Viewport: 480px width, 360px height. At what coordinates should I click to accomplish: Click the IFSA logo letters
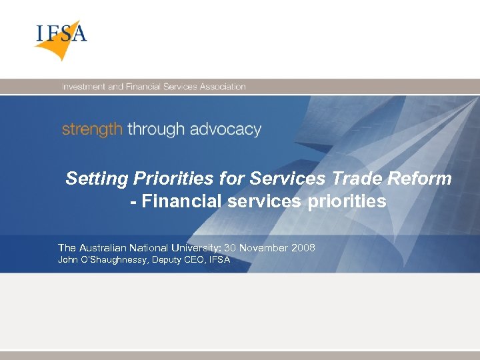tap(61, 33)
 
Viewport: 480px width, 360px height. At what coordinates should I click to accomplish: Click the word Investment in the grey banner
tap(83, 87)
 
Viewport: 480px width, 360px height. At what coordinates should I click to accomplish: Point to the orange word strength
tap(92, 129)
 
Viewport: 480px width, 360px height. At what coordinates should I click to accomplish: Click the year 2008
tap(303, 248)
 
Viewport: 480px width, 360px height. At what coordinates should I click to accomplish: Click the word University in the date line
tap(197, 248)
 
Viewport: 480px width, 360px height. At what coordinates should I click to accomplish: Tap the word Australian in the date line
tap(107, 248)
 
